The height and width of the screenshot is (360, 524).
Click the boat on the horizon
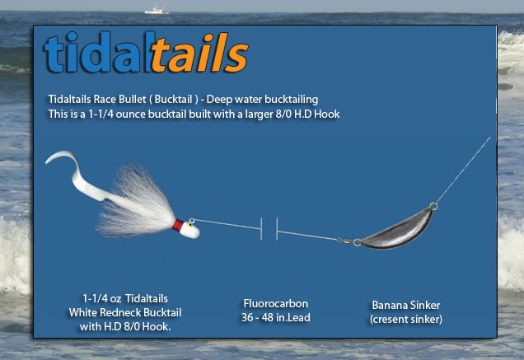[157, 11]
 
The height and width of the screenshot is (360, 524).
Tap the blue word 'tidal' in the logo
[97, 52]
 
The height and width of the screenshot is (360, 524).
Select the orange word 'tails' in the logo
[199, 53]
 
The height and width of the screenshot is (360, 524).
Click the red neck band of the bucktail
[178, 225]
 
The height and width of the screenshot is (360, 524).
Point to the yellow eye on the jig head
[189, 225]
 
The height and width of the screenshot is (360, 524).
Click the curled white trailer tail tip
[50, 160]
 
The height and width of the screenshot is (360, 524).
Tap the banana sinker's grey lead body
[397, 231]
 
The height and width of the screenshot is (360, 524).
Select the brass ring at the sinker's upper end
[433, 206]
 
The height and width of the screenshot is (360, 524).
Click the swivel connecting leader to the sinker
[344, 241]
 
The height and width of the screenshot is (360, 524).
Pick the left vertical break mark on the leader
[261, 229]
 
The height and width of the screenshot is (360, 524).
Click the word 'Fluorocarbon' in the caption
[276, 303]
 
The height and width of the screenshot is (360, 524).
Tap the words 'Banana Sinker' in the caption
[406, 305]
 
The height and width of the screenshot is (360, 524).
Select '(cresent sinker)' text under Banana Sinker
[406, 319]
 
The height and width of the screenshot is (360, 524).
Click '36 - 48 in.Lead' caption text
[276, 317]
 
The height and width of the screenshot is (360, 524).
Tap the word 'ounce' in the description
[131, 115]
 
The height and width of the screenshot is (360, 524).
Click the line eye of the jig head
[192, 221]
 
